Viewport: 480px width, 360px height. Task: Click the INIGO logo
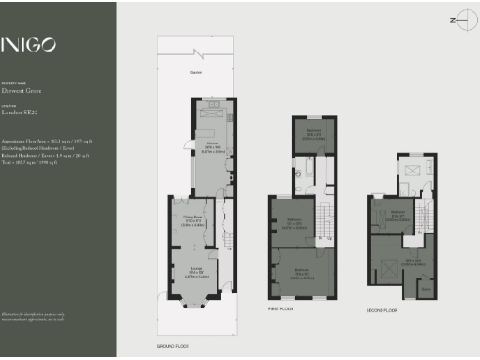28,44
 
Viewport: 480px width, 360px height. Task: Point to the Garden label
196,72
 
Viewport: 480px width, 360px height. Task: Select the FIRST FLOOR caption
281,307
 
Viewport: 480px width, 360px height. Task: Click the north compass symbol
457,19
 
